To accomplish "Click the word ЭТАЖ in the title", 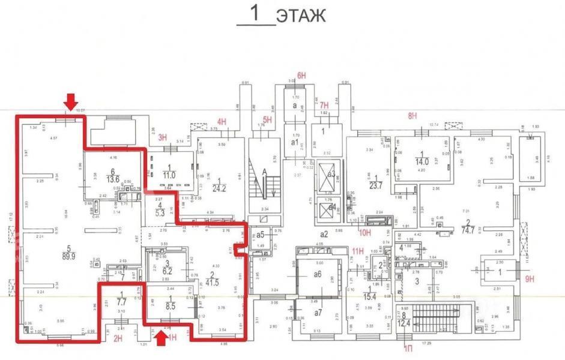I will (x=301, y=16).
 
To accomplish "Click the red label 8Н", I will (x=412, y=115).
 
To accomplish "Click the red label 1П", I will (x=408, y=347).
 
